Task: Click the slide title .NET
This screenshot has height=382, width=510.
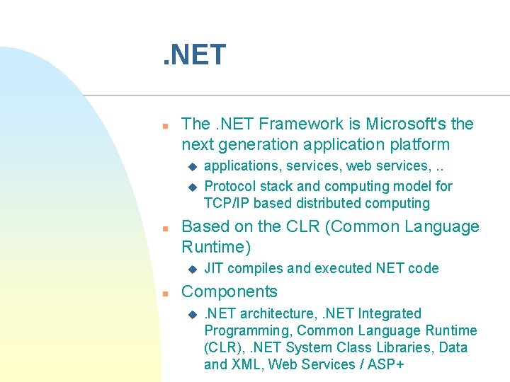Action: pos(193,54)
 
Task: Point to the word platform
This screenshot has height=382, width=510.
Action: pos(419,144)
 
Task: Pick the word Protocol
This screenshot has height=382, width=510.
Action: pos(229,186)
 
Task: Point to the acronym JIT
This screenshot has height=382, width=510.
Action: pos(214,268)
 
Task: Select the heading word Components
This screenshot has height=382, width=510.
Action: pos(229,291)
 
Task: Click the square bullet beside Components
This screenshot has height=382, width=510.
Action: pos(164,293)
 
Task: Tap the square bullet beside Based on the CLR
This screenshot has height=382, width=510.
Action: pos(164,228)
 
